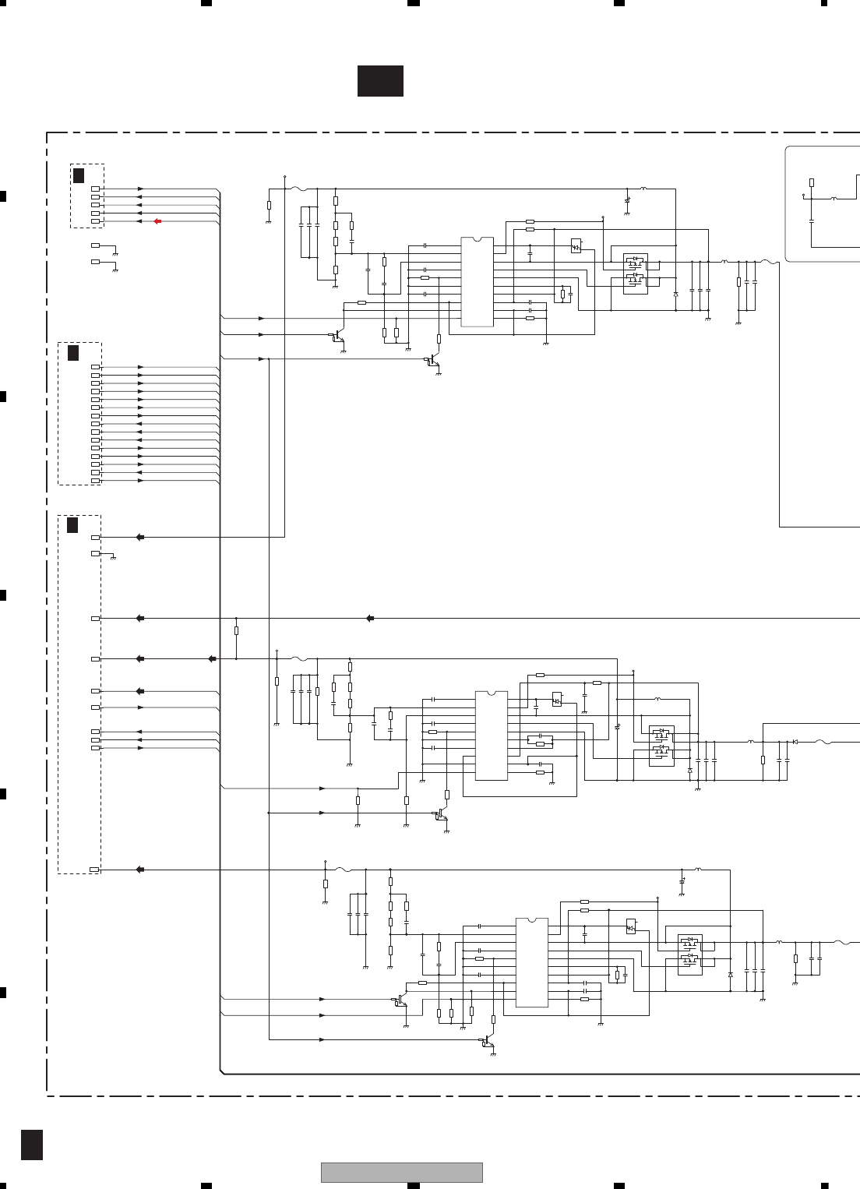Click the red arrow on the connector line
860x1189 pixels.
pyautogui.click(x=157, y=221)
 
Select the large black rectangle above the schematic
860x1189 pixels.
pyautogui.click(x=380, y=81)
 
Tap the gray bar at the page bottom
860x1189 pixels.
pyautogui.click(x=401, y=1172)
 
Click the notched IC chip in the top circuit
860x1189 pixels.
pyautogui.click(x=477, y=281)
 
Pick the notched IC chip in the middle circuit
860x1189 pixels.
pyautogui.click(x=492, y=735)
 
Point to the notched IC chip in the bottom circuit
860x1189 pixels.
pyautogui.click(x=532, y=962)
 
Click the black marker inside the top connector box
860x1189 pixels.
pyautogui.click(x=79, y=175)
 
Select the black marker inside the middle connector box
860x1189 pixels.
pyautogui.click(x=73, y=353)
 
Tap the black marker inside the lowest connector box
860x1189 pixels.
pyautogui.click(x=72, y=525)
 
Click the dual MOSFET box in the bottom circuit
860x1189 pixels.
pyautogui.click(x=689, y=954)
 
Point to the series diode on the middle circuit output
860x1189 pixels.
pyautogui.click(x=795, y=742)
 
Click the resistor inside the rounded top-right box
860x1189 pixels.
pyautogui.click(x=812, y=182)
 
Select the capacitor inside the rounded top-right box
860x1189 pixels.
pyautogui.click(x=812, y=221)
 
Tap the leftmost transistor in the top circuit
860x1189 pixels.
pyautogui.click(x=337, y=338)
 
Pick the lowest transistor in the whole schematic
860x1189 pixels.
pyautogui.click(x=488, y=1043)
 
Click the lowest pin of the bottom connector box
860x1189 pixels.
pyautogui.click(x=94, y=869)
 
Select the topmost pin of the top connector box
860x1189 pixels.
pyautogui.click(x=95, y=189)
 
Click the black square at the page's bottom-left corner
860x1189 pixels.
pyautogui.click(x=32, y=1144)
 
